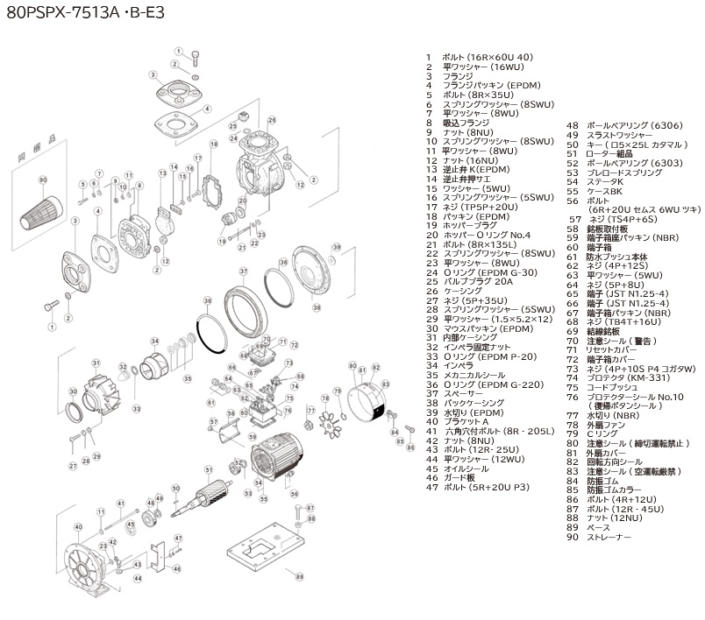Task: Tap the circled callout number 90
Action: (42, 179)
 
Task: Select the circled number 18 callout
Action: (213, 143)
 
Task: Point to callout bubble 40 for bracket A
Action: (79, 526)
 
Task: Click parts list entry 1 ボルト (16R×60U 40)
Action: (479, 56)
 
